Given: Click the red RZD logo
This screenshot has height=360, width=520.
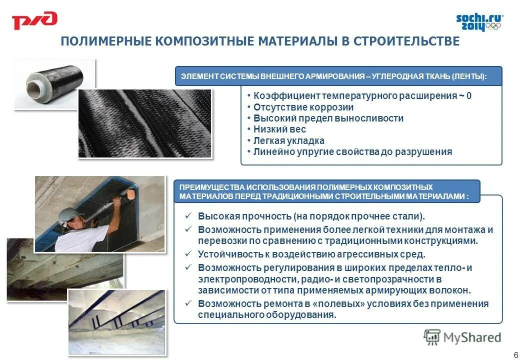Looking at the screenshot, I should coord(34,21).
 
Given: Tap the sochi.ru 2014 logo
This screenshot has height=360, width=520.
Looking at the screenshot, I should coord(479,22).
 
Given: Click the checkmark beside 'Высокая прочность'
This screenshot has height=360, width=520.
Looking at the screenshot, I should coord(188,216).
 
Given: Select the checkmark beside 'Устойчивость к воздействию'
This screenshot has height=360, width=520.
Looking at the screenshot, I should coord(188,254).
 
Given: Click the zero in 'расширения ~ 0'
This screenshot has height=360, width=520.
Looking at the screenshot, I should coord(468,96).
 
